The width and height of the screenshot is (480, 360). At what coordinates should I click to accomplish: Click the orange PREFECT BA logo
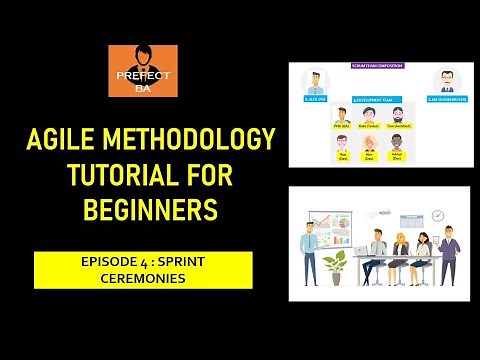(143, 71)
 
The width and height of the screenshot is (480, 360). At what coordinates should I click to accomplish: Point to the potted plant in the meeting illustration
(335, 263)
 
